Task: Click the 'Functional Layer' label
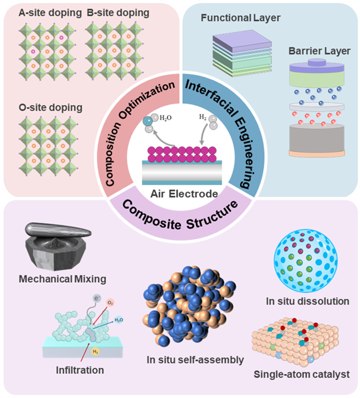pyautogui.click(x=240, y=19)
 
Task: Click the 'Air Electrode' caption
pyautogui.click(x=179, y=193)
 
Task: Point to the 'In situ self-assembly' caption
pyautogui.click(x=191, y=360)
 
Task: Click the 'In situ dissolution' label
pyautogui.click(x=307, y=301)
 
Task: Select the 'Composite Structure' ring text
pyautogui.click(x=179, y=214)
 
